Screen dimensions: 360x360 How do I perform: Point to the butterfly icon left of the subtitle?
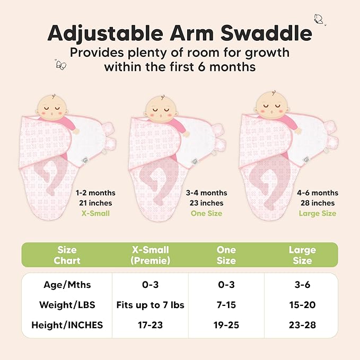click(61, 65)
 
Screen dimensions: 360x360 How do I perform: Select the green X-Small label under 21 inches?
click(95, 213)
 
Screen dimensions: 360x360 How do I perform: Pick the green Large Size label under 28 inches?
click(317, 213)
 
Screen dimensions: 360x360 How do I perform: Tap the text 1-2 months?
click(95, 193)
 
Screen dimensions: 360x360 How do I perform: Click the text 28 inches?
click(317, 203)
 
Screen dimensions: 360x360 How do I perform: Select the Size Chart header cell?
click(67, 255)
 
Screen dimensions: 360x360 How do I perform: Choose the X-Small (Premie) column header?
click(150, 255)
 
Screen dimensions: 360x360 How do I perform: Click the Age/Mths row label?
click(67, 285)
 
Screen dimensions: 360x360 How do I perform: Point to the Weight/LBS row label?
click(67, 305)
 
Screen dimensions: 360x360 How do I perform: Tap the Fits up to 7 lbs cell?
click(150, 305)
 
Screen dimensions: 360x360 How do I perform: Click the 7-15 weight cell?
click(226, 305)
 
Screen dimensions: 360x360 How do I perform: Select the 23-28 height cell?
click(302, 324)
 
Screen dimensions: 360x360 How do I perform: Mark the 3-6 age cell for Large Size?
click(302, 285)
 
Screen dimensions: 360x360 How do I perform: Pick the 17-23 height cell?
click(150, 324)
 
